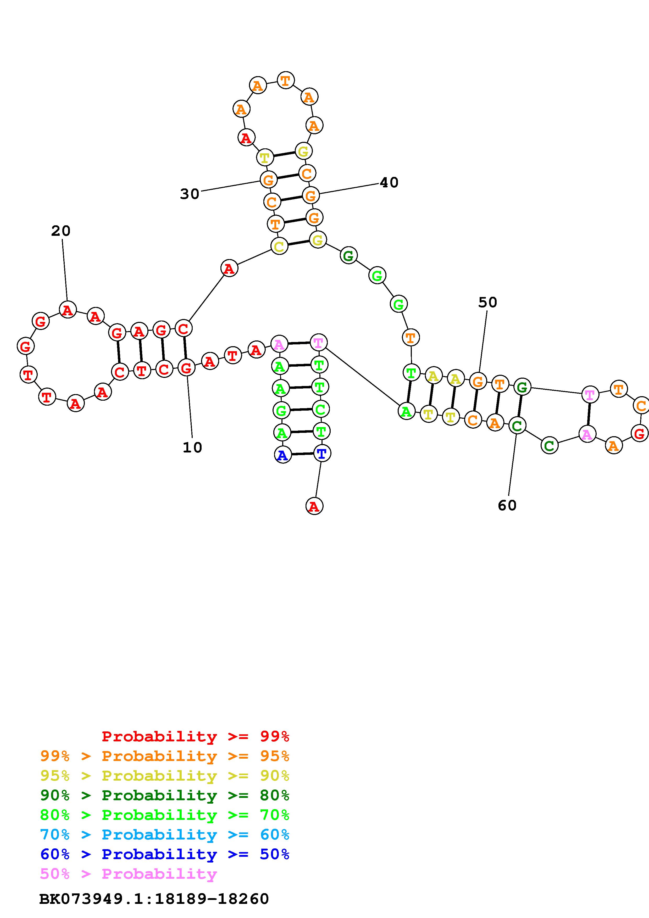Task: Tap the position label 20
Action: [61, 231]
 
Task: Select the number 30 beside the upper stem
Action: [190, 194]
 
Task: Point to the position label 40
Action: [389, 183]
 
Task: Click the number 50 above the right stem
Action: [487, 302]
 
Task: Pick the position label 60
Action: [507, 505]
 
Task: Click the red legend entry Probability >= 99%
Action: [196, 736]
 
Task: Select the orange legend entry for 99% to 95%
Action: [165, 756]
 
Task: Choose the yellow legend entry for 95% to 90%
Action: [165, 776]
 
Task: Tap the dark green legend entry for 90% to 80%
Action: [165, 795]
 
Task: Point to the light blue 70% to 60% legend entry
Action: [165, 835]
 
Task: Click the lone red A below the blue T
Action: [314, 506]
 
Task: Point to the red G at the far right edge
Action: [639, 433]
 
